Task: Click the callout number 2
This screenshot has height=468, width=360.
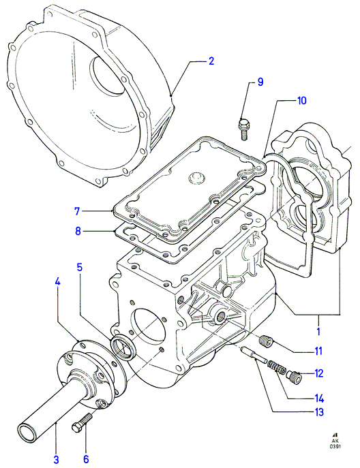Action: click(211, 61)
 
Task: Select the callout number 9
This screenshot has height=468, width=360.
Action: click(260, 82)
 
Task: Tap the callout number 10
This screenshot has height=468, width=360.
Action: click(302, 100)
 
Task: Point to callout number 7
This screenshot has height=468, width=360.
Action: click(77, 211)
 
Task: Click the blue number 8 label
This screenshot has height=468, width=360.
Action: click(78, 231)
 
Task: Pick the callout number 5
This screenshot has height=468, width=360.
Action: click(80, 267)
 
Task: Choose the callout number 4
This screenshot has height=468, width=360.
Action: click(58, 281)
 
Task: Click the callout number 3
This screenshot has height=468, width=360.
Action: click(56, 459)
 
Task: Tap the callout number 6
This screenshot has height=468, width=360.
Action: click(86, 459)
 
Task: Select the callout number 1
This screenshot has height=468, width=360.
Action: click(318, 331)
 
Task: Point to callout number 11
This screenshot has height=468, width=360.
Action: click(318, 351)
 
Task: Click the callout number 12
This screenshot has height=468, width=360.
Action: click(319, 373)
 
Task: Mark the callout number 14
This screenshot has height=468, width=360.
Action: click(319, 398)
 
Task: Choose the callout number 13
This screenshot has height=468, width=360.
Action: click(319, 412)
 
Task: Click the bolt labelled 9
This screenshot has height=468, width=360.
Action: click(243, 129)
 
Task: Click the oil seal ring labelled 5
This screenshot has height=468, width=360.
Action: click(123, 347)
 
